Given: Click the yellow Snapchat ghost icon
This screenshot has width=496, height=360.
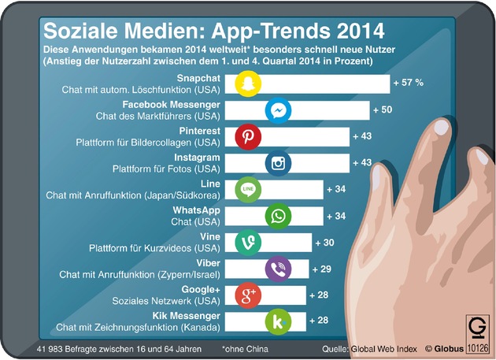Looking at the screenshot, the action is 248,84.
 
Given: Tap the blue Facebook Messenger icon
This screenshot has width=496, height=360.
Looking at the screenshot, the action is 278,110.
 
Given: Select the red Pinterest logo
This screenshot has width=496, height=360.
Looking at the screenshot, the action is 248,136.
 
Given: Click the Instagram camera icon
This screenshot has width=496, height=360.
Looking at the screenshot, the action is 278,163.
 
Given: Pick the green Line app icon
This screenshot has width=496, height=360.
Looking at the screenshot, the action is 248,189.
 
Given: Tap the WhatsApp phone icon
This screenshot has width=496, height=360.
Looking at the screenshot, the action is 278,216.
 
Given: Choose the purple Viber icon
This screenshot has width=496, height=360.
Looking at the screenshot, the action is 278,269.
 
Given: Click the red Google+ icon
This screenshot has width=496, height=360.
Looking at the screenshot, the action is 248,295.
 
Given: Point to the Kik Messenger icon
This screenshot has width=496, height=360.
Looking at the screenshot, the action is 278,321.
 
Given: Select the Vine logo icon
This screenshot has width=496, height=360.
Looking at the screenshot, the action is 248,242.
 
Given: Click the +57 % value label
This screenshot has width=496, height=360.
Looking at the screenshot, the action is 408,83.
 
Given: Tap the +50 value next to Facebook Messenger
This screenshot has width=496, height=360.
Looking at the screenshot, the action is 383,109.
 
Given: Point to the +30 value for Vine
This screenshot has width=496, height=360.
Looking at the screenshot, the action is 324,243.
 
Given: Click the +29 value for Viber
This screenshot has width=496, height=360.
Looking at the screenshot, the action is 322,269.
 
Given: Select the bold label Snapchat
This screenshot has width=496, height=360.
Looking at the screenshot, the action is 198,78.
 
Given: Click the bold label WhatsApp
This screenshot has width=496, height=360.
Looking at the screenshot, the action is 197,210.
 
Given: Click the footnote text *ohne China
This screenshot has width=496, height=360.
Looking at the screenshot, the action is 245,349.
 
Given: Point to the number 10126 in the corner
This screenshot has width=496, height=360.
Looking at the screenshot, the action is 478,348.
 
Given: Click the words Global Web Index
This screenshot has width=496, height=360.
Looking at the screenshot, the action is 384,349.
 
